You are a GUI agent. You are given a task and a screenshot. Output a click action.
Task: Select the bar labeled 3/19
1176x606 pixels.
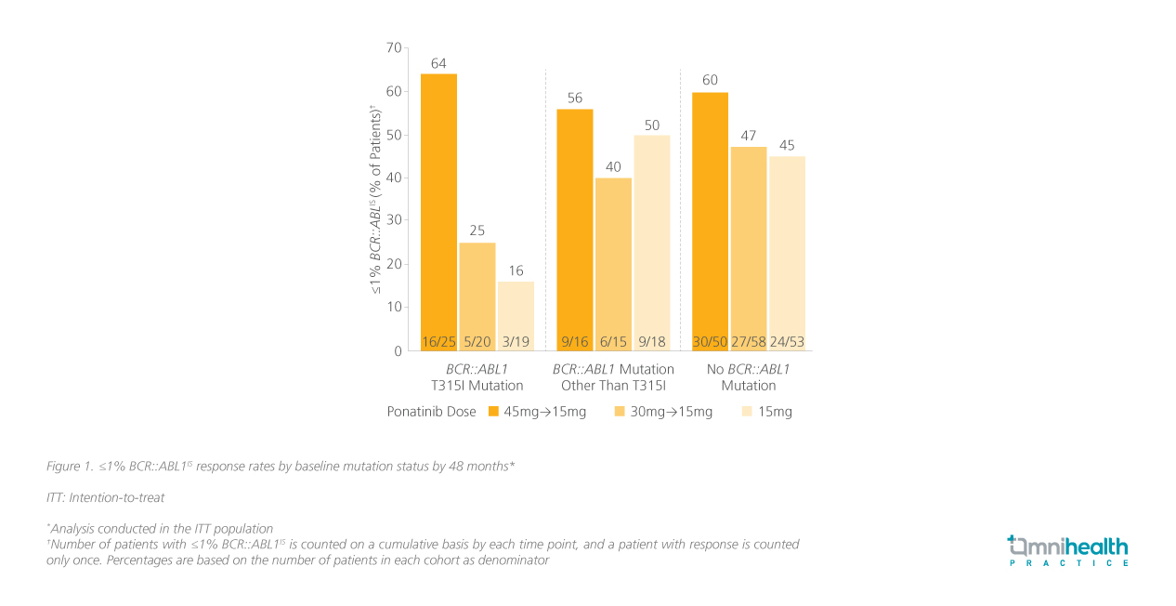pyautogui.click(x=516, y=316)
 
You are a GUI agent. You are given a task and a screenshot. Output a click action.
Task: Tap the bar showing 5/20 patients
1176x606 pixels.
pyautogui.click(x=477, y=296)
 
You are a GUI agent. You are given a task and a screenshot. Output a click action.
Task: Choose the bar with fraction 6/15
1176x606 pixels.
pyautogui.click(x=613, y=264)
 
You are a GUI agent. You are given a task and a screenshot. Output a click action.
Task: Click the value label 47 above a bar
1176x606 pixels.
pyautogui.click(x=748, y=136)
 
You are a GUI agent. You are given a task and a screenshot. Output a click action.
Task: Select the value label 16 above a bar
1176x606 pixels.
pyautogui.click(x=516, y=271)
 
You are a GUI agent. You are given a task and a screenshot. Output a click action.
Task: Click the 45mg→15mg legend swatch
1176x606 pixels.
pyautogui.click(x=494, y=412)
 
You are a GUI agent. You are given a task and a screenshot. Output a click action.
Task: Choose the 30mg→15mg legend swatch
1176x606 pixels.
pyautogui.click(x=620, y=412)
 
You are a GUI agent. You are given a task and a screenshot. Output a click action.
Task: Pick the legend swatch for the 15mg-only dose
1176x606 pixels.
pyautogui.click(x=747, y=412)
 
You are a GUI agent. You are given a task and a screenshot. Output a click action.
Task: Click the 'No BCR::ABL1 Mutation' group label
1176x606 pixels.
pyautogui.click(x=748, y=377)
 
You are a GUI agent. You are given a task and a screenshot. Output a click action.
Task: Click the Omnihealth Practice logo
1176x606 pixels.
pyautogui.click(x=1068, y=550)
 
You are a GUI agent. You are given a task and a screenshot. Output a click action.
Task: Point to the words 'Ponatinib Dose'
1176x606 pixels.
pyautogui.click(x=431, y=412)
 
